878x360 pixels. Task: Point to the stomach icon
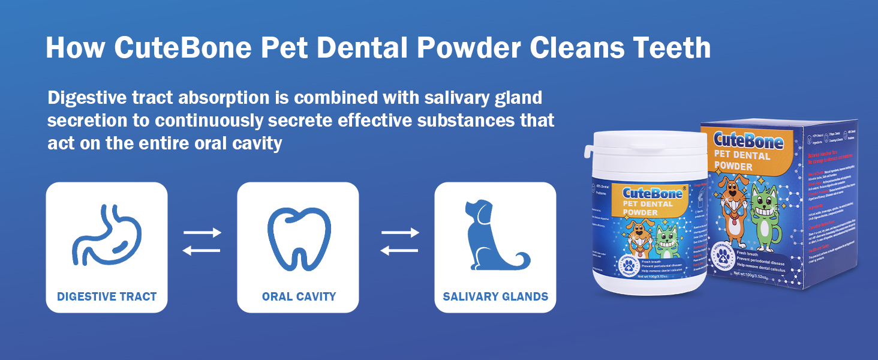click(106, 235)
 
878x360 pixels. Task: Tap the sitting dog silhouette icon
click(493, 235)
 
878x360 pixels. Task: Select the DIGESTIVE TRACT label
click(107, 296)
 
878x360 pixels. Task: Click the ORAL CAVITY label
click(299, 296)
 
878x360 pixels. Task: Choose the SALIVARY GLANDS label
click(495, 296)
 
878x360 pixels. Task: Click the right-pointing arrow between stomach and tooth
click(202, 232)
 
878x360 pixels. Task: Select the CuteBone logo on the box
click(749, 141)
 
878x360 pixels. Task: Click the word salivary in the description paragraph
click(435, 97)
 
